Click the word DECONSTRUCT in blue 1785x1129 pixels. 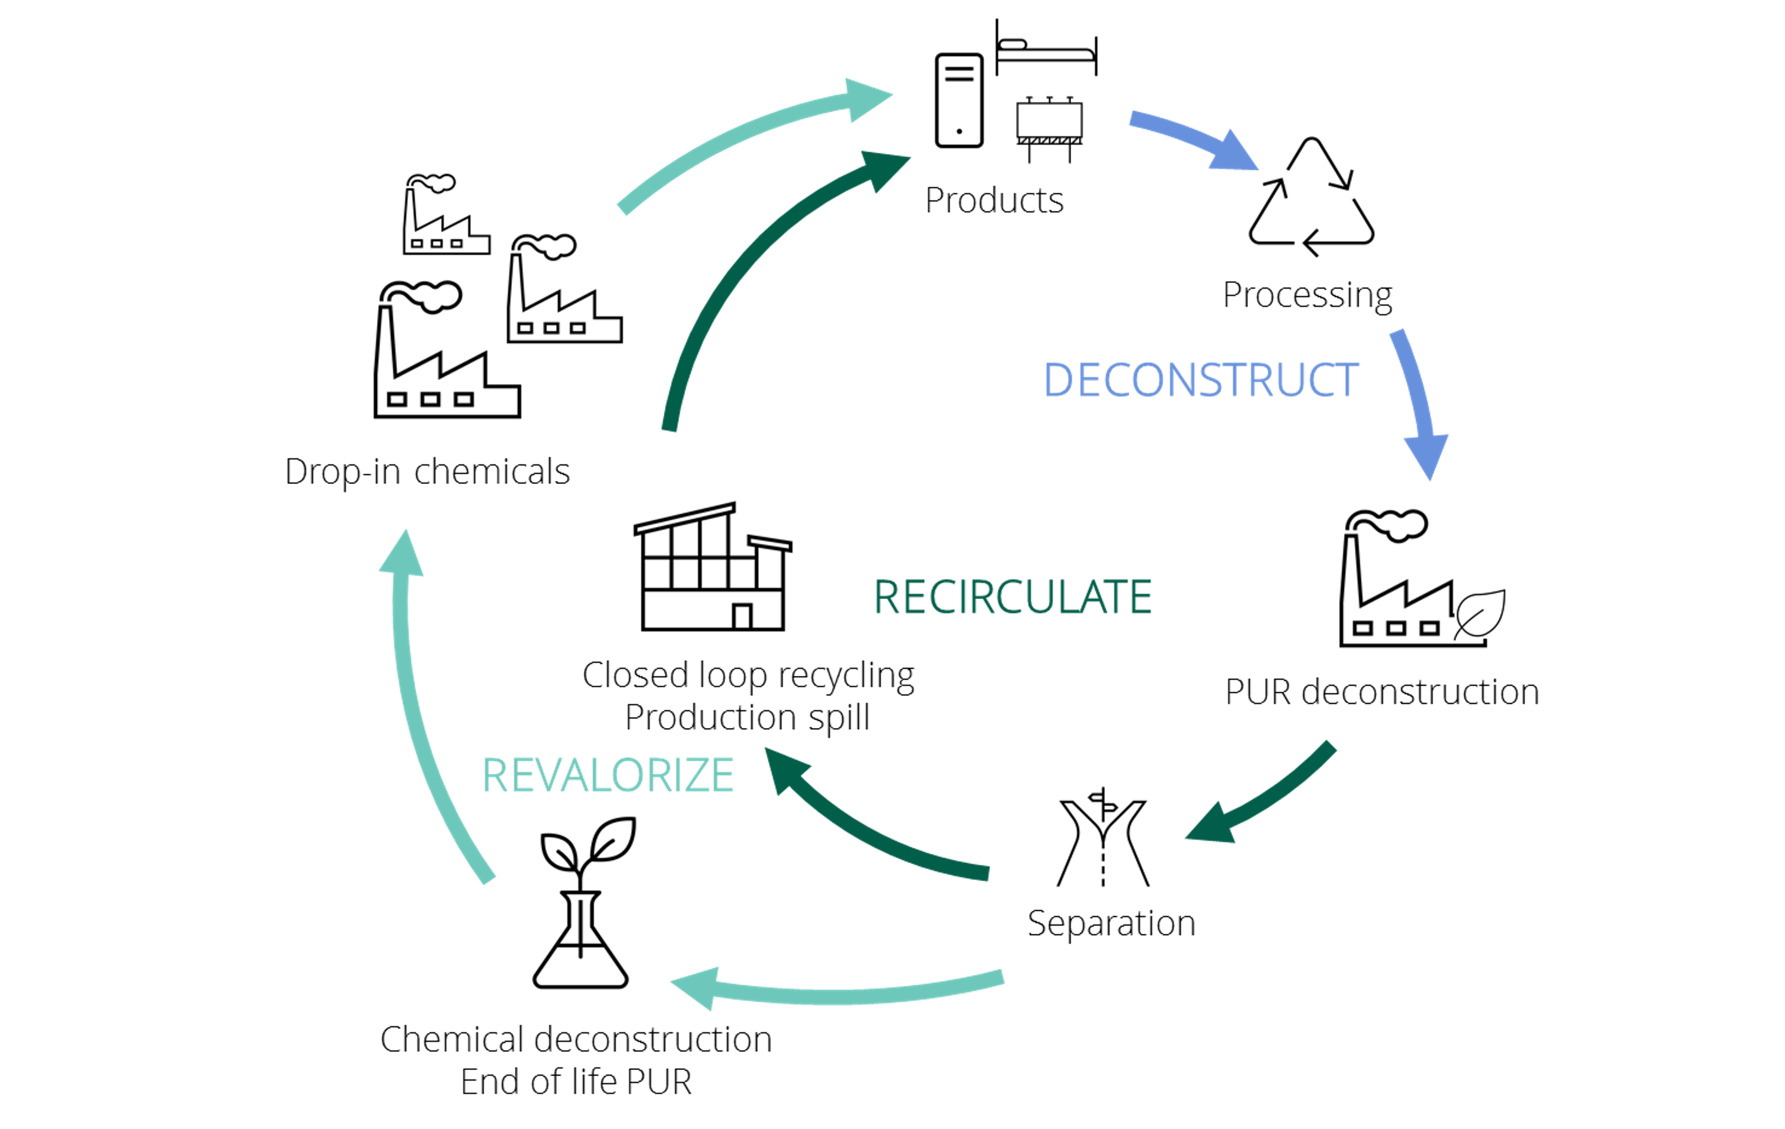[x=1200, y=380]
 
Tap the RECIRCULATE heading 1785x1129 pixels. [x=1012, y=597]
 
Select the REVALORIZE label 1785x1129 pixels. [x=608, y=775]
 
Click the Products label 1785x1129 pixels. [x=993, y=200]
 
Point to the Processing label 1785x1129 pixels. [x=1307, y=295]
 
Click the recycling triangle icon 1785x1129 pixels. [x=1311, y=197]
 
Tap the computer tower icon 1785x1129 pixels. [x=959, y=101]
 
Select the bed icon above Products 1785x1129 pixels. [x=1045, y=49]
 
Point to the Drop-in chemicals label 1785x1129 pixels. [x=427, y=471]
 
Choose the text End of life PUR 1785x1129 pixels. [x=576, y=1081]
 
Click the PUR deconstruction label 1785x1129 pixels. [x=1382, y=692]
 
